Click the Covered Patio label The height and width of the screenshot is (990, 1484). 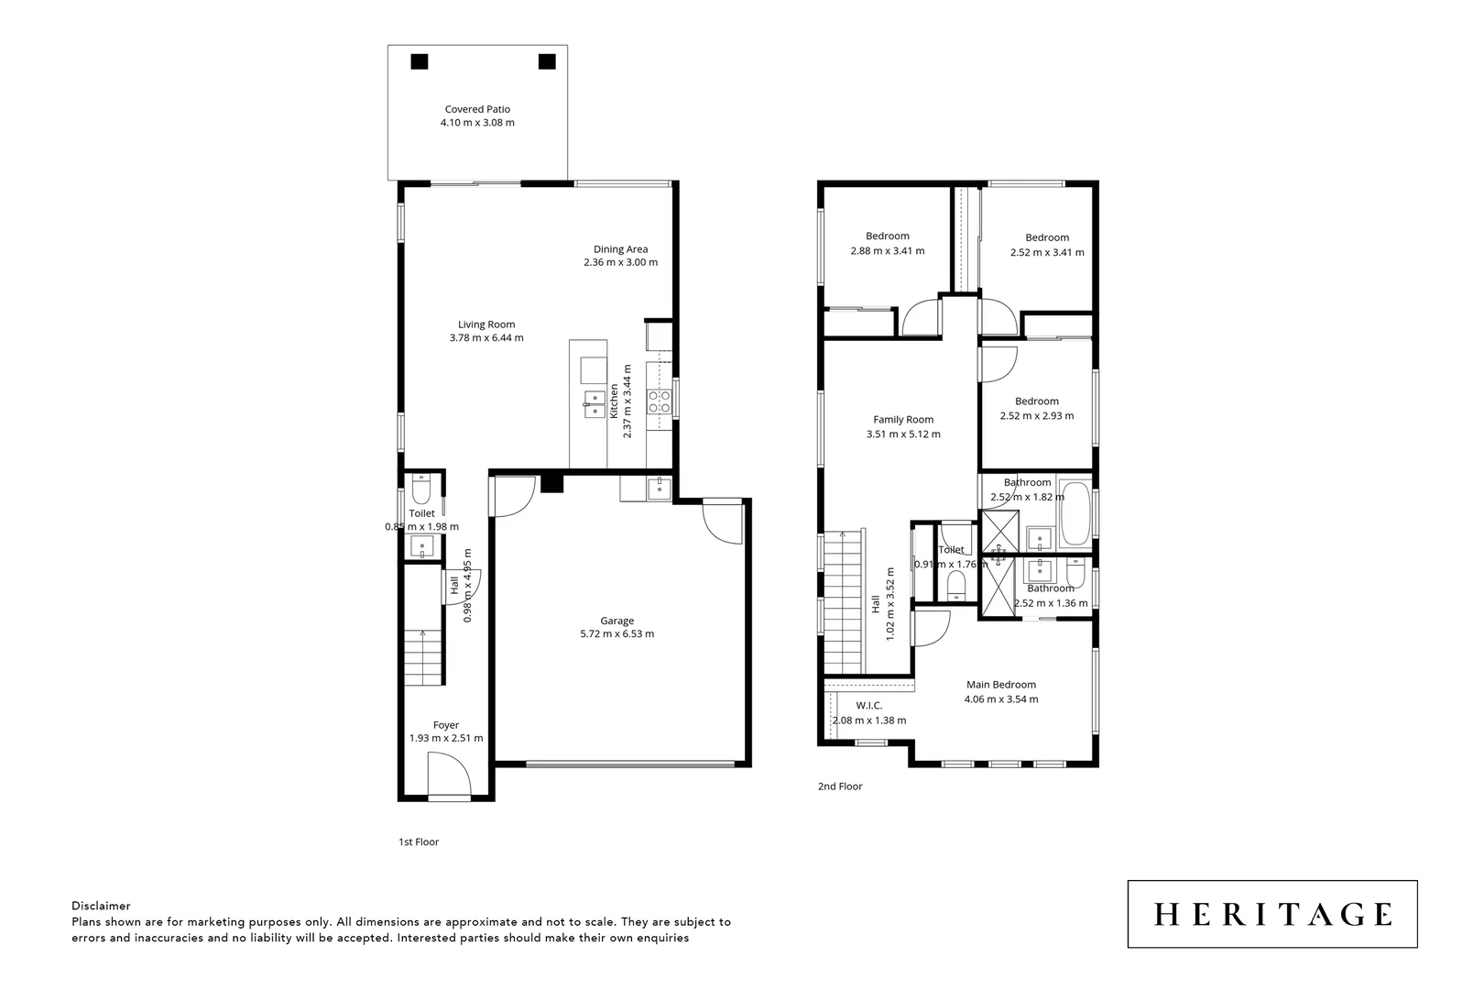(x=477, y=109)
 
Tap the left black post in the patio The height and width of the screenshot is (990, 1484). (x=419, y=61)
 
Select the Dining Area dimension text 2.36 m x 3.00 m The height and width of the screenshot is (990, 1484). (x=620, y=262)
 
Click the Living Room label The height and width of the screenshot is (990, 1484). (x=486, y=324)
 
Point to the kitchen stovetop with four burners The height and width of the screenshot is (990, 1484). (x=659, y=401)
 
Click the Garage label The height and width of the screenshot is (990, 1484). (x=617, y=621)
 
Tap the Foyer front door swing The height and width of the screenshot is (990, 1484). (x=449, y=775)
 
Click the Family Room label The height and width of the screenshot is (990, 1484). (x=903, y=420)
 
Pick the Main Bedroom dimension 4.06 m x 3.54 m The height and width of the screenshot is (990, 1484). (x=1001, y=699)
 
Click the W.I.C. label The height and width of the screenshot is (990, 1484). (x=868, y=705)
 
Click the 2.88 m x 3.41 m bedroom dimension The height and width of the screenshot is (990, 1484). (x=887, y=251)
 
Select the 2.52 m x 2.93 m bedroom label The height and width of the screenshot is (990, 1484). (x=1036, y=401)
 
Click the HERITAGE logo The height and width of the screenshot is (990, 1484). (x=1271, y=914)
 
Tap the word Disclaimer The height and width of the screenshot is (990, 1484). (x=101, y=906)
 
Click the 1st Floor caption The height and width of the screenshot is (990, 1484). (x=419, y=841)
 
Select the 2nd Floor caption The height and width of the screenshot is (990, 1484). (x=840, y=786)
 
